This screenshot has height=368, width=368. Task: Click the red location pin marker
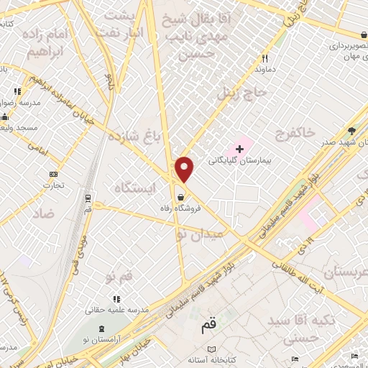(x=185, y=169)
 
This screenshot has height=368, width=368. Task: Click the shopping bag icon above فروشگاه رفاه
(x=180, y=195)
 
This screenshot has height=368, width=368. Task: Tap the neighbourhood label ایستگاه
(x=134, y=187)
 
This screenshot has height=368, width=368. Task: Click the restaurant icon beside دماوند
(x=265, y=59)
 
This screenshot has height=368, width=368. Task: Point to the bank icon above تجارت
(x=53, y=173)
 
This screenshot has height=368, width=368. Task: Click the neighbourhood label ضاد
(x=43, y=214)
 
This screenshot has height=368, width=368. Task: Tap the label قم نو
(x=119, y=277)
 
